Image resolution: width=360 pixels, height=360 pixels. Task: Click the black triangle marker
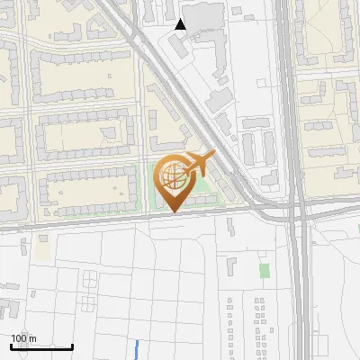click(x=181, y=24)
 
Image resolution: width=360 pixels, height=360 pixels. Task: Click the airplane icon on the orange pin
click(x=198, y=165)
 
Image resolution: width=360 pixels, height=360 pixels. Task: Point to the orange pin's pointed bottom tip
click(x=172, y=211)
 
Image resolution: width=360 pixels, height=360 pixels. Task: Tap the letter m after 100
click(x=33, y=338)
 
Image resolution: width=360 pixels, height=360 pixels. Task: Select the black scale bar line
click(x=41, y=346)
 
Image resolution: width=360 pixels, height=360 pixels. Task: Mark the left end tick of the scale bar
click(x=11, y=346)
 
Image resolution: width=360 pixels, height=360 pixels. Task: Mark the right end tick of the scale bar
click(x=72, y=346)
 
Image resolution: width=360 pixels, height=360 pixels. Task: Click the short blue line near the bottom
click(x=137, y=349)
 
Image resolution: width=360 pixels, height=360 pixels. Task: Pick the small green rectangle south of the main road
click(x=264, y=270)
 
